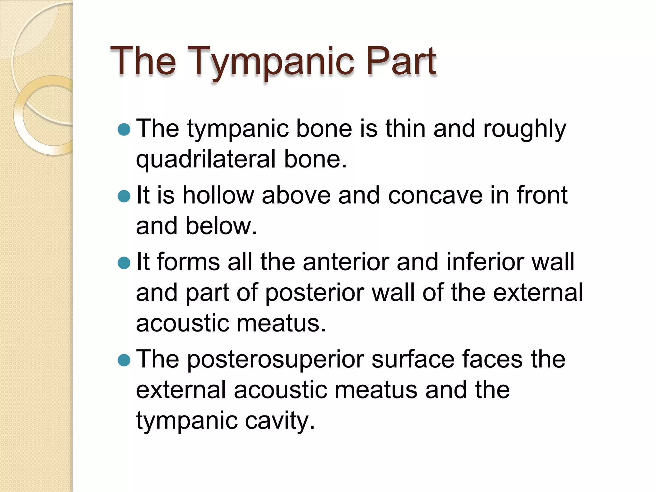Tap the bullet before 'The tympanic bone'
tap(124, 130)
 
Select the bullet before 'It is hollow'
tap(124, 196)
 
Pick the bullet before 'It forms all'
tap(124, 263)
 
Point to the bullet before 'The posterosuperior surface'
tap(124, 360)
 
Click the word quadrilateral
tap(206, 160)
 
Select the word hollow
tap(218, 195)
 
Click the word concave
tap(435, 195)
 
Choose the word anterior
tap(346, 262)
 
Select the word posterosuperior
tap(275, 359)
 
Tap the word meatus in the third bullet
tap(281, 324)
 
